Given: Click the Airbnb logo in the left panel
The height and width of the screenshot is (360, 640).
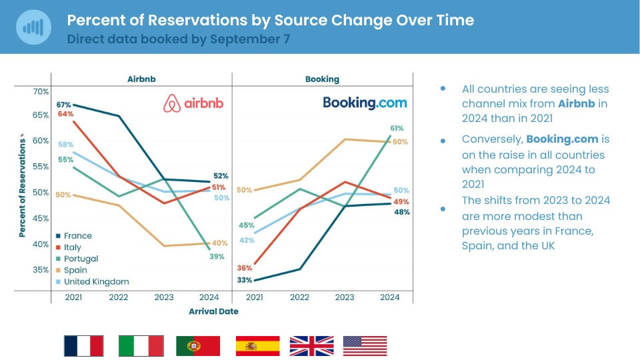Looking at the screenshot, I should coord(193,103).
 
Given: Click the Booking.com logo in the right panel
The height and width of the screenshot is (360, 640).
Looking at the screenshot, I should coord(365,103).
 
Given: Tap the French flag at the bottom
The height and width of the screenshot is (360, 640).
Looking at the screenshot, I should coord(83,346).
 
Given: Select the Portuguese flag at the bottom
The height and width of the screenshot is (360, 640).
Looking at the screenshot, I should coord(198,346).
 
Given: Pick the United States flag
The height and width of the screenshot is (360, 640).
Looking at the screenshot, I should coord(365,346).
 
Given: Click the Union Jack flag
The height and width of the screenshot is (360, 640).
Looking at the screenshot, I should coord(311,346).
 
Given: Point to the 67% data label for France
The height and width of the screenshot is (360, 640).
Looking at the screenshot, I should coord(64,105).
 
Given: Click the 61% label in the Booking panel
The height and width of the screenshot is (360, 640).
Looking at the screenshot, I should coord(397,128).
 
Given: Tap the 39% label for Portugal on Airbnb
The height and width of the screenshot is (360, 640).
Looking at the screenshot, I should coord(217,257).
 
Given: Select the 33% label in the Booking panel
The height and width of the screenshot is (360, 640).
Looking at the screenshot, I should coord(244,280).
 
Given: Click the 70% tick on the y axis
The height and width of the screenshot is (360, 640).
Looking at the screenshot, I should coord(41,91).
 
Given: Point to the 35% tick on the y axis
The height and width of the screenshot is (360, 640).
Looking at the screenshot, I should coord(41,270).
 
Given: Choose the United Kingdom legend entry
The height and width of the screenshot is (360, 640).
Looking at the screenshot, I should coord(96,281).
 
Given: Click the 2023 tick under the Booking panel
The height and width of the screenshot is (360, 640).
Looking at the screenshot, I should coord(344,297).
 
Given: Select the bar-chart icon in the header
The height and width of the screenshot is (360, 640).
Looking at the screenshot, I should coord(33,27).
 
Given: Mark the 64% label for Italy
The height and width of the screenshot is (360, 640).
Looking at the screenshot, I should coord(65,114).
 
